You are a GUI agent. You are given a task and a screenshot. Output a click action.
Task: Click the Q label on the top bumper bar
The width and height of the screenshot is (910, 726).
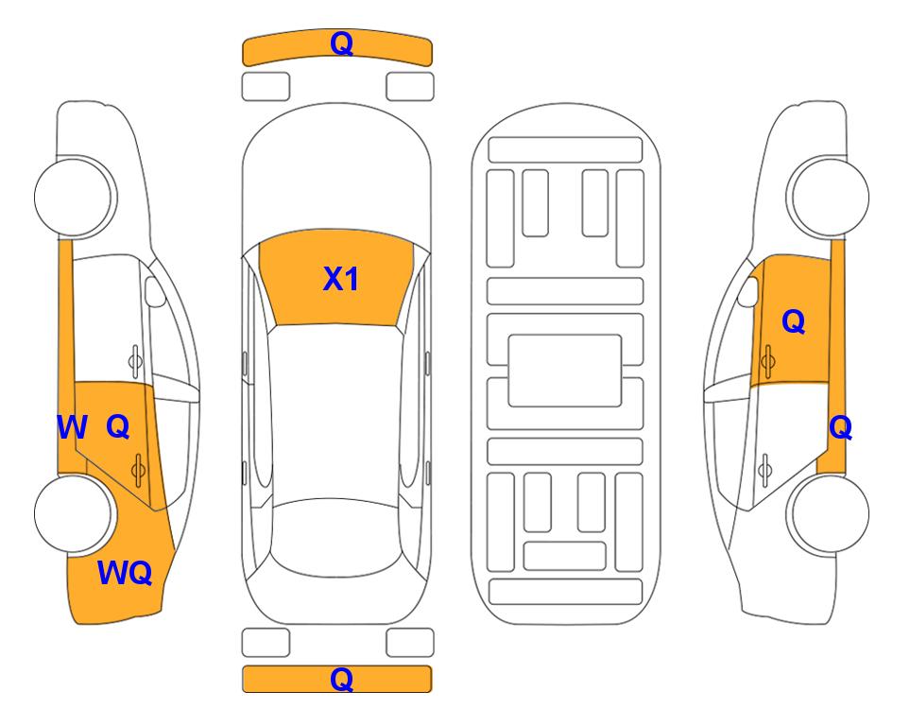(341, 43)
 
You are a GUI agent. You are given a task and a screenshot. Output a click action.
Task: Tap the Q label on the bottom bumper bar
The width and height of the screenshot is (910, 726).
(341, 679)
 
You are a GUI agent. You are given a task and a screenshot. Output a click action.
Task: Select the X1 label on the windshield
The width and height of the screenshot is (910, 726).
(341, 279)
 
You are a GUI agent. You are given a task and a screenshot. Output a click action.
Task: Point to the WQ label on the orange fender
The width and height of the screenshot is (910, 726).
(125, 573)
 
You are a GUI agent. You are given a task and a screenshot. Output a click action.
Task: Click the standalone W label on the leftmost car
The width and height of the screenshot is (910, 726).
(72, 427)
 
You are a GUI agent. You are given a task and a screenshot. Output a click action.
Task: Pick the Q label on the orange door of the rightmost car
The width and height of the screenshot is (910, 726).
(794, 321)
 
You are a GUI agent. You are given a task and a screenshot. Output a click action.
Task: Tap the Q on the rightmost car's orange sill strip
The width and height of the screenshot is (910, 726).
(840, 428)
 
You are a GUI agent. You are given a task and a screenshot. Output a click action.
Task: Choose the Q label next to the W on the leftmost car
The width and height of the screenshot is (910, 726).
(118, 427)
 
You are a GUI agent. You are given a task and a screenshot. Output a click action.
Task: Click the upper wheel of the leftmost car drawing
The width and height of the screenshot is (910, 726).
(75, 197)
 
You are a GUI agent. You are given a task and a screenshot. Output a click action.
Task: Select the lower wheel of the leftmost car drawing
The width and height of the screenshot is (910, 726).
(75, 513)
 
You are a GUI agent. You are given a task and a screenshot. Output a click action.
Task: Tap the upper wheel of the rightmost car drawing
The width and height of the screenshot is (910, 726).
(828, 197)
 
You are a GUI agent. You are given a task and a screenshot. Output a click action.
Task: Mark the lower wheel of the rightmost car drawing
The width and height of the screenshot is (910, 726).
(828, 513)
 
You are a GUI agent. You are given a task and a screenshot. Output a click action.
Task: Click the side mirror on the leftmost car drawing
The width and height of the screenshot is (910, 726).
(155, 291)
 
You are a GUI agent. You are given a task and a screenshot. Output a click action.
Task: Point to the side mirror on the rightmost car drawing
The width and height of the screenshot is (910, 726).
(747, 291)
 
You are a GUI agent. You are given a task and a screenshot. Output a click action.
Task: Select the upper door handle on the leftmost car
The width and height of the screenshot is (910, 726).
(135, 361)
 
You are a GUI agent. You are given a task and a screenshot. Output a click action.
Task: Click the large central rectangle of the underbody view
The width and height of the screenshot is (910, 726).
(565, 371)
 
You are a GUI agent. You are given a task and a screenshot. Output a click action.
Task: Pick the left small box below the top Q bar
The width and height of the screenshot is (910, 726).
(266, 87)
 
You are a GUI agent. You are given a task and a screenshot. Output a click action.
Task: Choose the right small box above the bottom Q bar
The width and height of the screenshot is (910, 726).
(410, 643)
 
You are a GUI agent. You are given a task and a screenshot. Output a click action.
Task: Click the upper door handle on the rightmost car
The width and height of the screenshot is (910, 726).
(768, 361)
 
